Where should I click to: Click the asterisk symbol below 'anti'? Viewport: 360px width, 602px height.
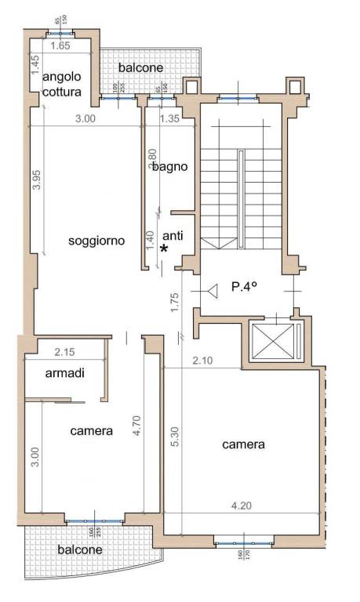[x=164, y=248]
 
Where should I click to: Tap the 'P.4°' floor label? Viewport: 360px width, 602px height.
[x=246, y=288]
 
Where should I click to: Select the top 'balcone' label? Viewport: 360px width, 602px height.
[x=141, y=68]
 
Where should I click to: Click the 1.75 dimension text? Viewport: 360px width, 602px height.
[x=175, y=303]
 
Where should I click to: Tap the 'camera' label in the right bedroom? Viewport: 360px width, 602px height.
[x=243, y=444]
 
